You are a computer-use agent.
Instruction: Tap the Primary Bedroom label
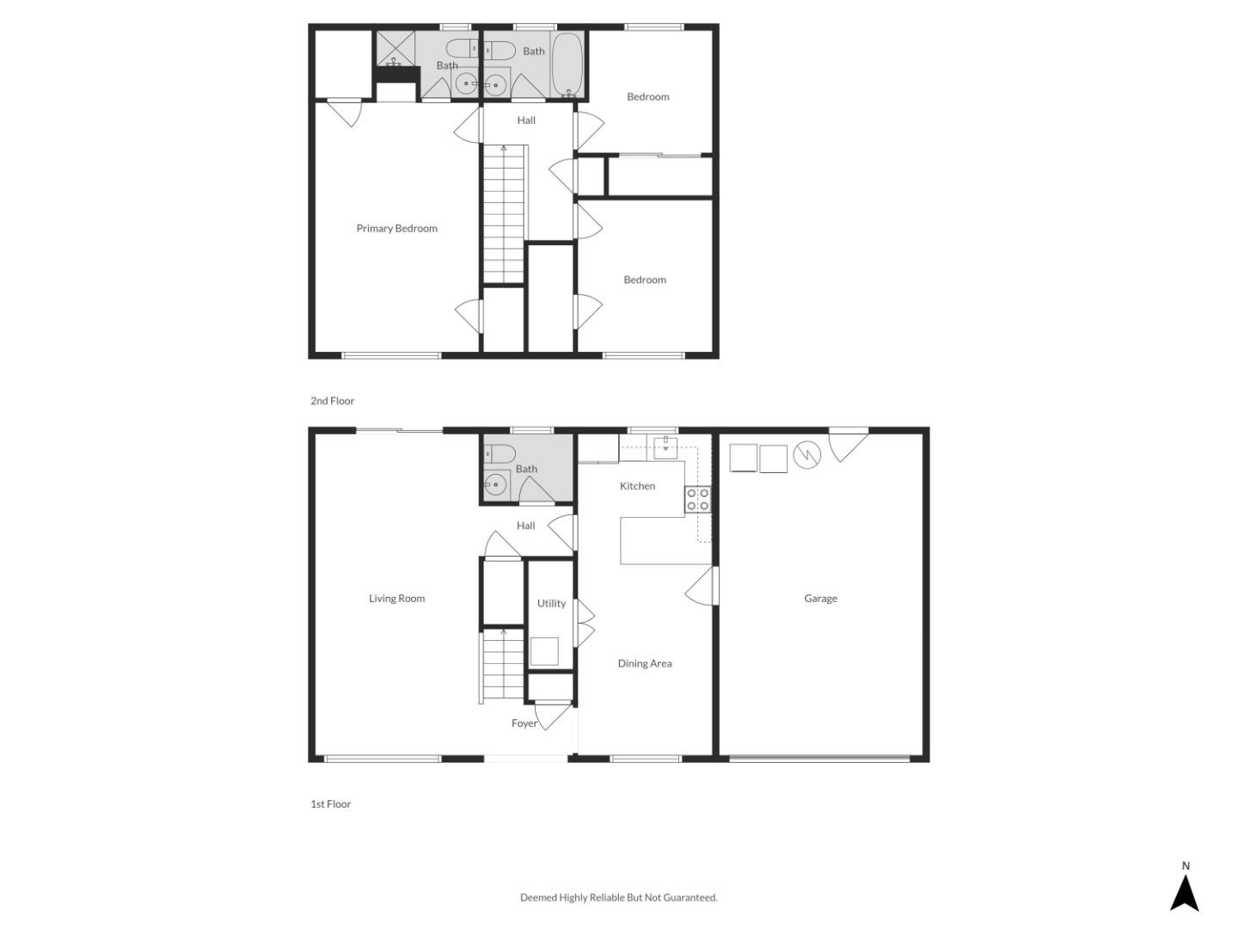coord(396,228)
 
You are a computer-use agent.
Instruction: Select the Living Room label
coord(396,599)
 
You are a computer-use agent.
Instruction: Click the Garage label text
coord(820,599)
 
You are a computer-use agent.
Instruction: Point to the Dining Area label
coord(645,663)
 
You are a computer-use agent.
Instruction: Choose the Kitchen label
coord(637,486)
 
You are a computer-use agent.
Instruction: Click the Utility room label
coord(551,604)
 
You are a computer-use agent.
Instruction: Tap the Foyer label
coord(524,723)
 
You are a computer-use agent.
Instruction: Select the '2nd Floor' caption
coord(332,401)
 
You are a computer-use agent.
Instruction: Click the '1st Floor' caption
coord(330,804)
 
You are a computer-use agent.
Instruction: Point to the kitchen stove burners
coord(697,500)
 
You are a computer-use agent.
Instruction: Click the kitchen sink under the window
coord(665,445)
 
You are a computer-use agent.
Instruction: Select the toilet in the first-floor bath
coord(499,453)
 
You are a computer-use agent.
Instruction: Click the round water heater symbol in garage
coord(806,455)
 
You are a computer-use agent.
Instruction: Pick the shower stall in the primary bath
coord(395,49)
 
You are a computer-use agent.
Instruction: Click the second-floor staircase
coord(504,215)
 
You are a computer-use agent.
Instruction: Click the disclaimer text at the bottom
coord(618,898)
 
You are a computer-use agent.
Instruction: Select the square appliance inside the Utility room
coord(544,651)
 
